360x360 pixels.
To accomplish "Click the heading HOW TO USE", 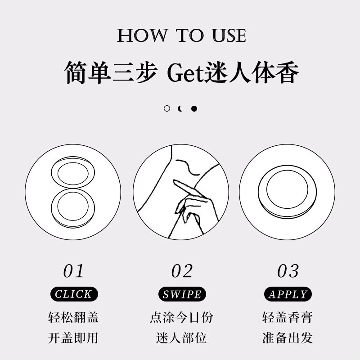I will click(x=181, y=36).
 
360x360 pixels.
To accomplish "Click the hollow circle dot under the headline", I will click(x=167, y=108).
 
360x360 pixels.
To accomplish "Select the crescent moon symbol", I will click(x=180, y=108).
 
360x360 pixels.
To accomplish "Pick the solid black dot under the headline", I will click(x=194, y=108).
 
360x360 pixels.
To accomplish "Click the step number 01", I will click(x=73, y=271).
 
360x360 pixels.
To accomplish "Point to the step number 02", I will click(x=182, y=271).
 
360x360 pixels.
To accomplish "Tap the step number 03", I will click(x=288, y=271).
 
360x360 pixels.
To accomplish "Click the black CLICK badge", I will click(x=73, y=295).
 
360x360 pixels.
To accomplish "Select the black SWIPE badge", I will click(x=182, y=295).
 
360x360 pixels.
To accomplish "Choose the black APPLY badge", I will click(x=288, y=295).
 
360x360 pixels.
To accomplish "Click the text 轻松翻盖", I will click(x=73, y=318).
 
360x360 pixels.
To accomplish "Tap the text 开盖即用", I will click(x=73, y=337).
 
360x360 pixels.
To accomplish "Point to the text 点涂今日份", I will click(x=182, y=318).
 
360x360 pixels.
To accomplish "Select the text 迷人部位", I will click(x=182, y=337).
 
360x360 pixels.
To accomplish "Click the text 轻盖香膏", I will click(x=288, y=318).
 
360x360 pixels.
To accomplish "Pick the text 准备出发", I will click(x=288, y=337).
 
